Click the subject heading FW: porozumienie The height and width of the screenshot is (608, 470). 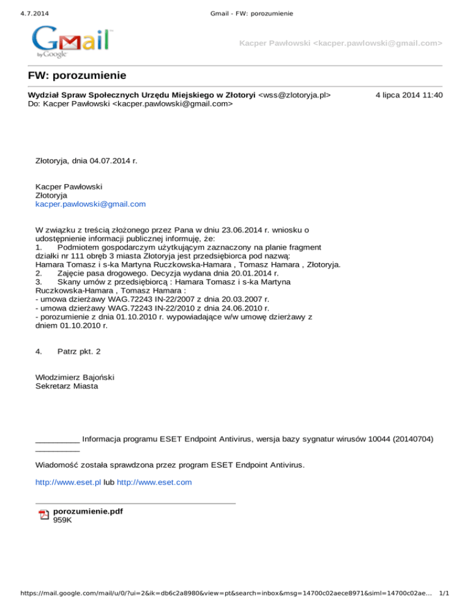coord(77,76)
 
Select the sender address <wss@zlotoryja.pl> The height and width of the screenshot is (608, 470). coord(295,95)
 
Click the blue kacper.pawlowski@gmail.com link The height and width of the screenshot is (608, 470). coord(91,204)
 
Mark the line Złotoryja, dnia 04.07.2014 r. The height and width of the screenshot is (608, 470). coord(86,161)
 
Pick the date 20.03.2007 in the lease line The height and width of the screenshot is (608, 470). coord(226,300)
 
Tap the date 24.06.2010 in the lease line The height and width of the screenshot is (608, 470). coord(226,309)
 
